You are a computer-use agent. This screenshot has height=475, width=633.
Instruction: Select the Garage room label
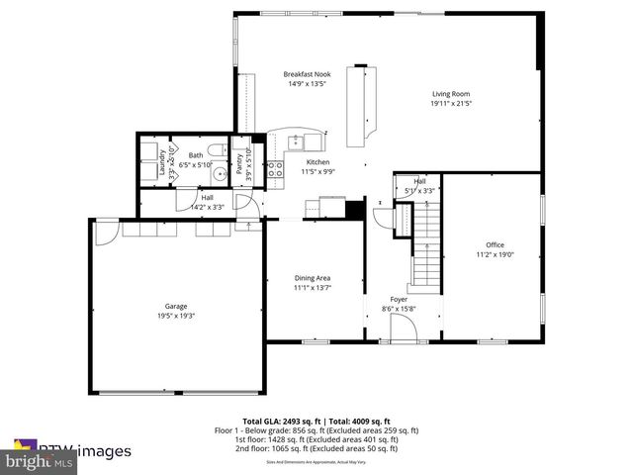[x=176, y=306]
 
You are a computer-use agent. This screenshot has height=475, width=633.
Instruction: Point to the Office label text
[x=495, y=244]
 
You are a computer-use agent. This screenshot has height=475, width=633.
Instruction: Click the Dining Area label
[x=312, y=277]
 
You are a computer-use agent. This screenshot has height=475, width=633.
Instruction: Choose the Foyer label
[x=399, y=298]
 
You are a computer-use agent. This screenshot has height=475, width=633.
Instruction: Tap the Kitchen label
[x=317, y=162]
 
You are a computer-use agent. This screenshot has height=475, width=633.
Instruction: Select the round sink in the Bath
[x=194, y=170]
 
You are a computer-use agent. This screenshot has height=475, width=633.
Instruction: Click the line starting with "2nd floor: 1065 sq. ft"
[x=316, y=448]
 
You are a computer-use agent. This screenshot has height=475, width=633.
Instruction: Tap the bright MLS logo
[x=40, y=461]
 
